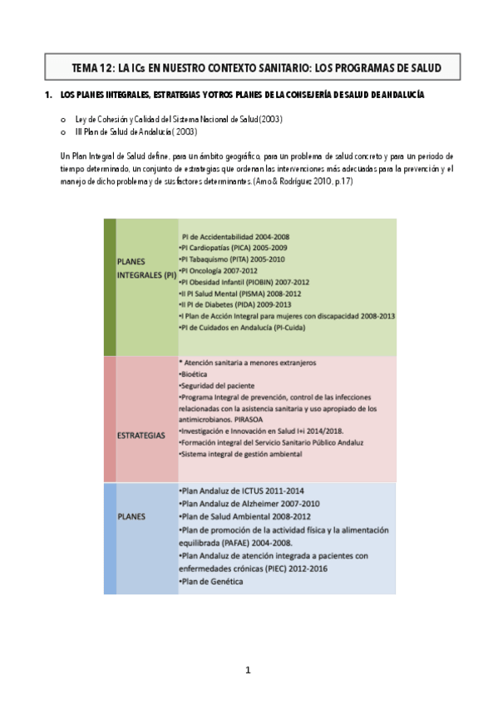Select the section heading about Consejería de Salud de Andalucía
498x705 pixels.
click(242, 96)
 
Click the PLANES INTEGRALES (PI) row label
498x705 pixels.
click(146, 267)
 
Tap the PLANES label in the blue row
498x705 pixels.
click(132, 515)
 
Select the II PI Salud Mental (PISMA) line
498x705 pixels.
click(239, 293)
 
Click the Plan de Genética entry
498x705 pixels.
click(211, 582)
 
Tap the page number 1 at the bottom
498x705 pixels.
click(248, 670)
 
